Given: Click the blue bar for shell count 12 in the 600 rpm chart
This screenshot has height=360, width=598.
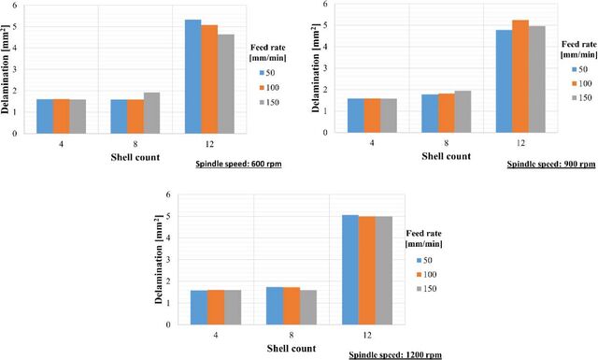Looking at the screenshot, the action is click(193, 77).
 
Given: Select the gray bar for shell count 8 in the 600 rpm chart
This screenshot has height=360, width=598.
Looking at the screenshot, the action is click(151, 113).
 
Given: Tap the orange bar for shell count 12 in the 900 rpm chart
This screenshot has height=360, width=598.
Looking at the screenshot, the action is click(520, 77).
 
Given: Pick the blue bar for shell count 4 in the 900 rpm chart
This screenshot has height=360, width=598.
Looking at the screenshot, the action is click(355, 116).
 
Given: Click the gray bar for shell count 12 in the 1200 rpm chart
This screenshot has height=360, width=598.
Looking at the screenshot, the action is click(384, 270).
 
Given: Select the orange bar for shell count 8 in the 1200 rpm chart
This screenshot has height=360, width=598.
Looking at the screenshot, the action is click(292, 306).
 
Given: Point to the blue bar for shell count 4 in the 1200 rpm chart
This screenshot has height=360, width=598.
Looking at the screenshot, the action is click(199, 308).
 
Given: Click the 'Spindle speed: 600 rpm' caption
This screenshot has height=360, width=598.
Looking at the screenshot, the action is click(239, 165).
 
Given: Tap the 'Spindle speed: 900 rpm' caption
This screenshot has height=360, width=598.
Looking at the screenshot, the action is click(551, 165).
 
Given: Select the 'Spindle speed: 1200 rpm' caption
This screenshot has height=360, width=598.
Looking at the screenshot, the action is click(395, 355).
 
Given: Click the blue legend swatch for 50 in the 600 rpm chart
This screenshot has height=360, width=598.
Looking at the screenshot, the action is click(262, 73).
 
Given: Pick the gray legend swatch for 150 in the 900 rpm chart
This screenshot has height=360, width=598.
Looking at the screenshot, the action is click(574, 98).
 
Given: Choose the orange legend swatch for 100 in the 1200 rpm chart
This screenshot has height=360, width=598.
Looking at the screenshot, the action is click(419, 275).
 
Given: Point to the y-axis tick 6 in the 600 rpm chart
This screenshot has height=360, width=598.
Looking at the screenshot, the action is click(15, 5).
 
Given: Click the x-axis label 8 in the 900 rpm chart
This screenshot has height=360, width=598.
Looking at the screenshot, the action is click(447, 143).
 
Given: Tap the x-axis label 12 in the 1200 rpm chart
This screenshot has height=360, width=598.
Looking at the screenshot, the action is click(367, 335).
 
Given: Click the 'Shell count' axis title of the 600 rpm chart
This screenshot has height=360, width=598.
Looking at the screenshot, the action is click(135, 157).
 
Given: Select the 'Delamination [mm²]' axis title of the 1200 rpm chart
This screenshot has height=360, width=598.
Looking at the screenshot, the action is click(159, 259).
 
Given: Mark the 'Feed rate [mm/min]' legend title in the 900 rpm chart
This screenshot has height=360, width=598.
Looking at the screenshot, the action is click(579, 50).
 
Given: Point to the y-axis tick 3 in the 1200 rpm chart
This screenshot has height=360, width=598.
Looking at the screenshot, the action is click(168, 260).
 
